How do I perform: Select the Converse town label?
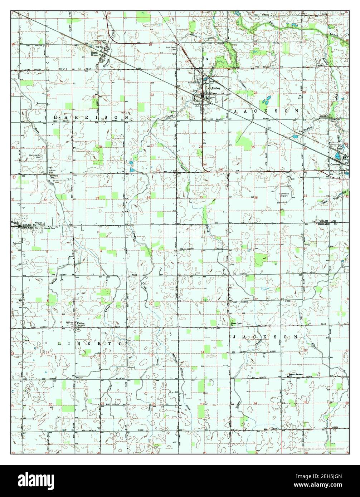coord(335,164)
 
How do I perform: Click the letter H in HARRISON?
coord(55,117)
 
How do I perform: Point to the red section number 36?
coord(256,198)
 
